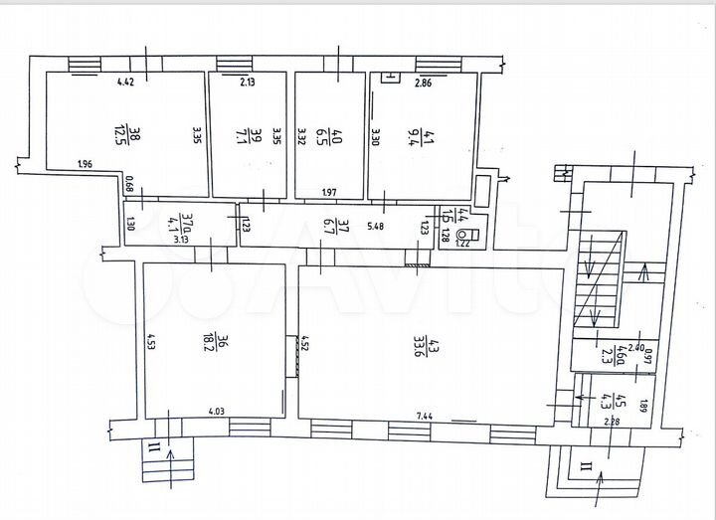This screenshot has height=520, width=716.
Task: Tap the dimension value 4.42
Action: click(x=125, y=83)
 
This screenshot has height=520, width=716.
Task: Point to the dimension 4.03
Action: click(x=216, y=411)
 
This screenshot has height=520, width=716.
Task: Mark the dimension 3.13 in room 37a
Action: click(x=182, y=240)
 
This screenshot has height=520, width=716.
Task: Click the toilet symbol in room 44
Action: click(x=473, y=235)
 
